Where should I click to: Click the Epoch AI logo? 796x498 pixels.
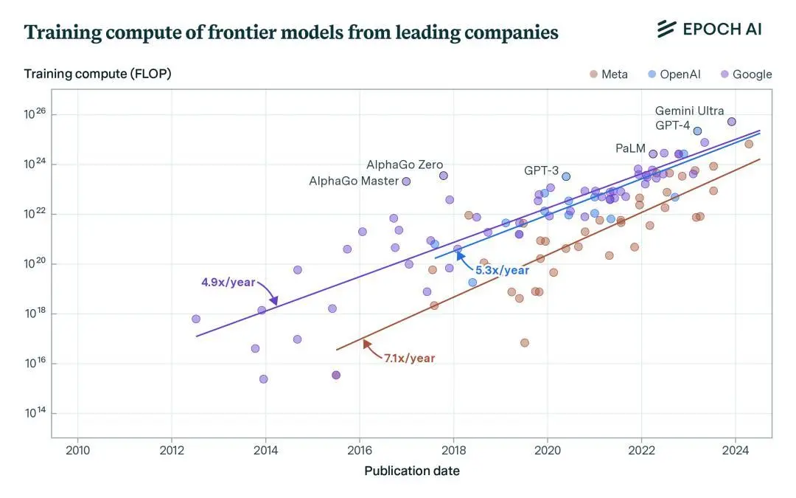[709, 30]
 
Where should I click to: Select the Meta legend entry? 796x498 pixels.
[609, 74]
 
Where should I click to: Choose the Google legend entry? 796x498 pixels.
[746, 74]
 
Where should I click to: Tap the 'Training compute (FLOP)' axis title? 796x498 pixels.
[97, 74]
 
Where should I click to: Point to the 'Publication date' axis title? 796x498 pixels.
[411, 471]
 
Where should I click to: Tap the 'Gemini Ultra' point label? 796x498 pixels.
[689, 111]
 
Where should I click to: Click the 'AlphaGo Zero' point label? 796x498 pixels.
[405, 165]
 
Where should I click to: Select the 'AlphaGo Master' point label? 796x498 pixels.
[354, 181]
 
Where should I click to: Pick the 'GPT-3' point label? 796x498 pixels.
[542, 170]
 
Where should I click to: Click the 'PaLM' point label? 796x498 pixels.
[630, 148]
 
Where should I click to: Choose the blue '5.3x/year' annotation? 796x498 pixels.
[502, 271]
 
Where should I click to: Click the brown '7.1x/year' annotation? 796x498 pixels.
[409, 359]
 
